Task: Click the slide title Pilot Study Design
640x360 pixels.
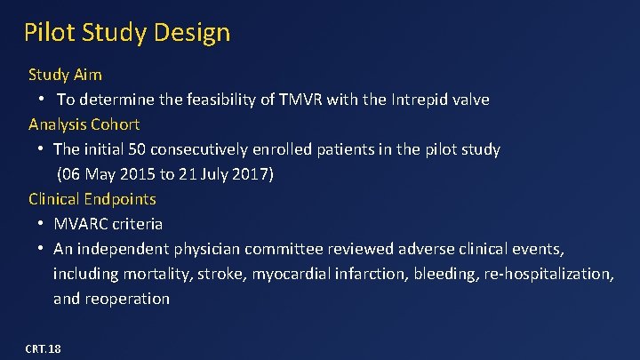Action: tap(127, 33)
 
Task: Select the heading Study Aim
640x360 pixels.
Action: tap(65, 74)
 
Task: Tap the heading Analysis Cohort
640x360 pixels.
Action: tap(84, 124)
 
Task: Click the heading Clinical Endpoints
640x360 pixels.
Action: tap(92, 199)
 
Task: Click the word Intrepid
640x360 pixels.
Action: tap(421, 100)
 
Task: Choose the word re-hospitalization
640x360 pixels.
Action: tap(548, 274)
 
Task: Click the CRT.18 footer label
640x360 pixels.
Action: tap(44, 348)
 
